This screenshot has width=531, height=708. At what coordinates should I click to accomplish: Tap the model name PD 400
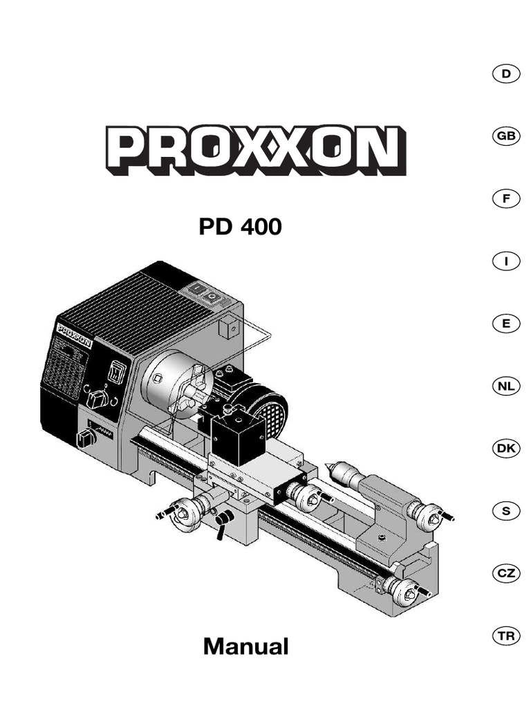tap(241, 227)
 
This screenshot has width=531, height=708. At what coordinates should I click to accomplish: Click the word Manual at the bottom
tap(246, 647)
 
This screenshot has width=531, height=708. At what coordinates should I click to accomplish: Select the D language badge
tap(506, 74)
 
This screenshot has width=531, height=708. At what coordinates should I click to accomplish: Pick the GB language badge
tap(506, 137)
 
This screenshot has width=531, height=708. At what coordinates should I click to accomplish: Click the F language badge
tap(506, 199)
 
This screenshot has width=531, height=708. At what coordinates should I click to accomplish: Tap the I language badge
tap(506, 261)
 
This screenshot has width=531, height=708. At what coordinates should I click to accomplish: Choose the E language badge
tap(506, 324)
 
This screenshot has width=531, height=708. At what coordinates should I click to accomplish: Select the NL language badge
tap(506, 386)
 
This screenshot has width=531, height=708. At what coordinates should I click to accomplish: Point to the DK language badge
tap(506, 449)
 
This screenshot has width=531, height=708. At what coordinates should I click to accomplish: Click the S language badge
tap(506, 511)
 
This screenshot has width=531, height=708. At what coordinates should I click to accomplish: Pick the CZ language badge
tap(506, 573)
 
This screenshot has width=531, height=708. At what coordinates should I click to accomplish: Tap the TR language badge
tap(506, 636)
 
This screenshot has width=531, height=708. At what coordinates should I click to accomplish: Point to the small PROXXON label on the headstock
tap(75, 327)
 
